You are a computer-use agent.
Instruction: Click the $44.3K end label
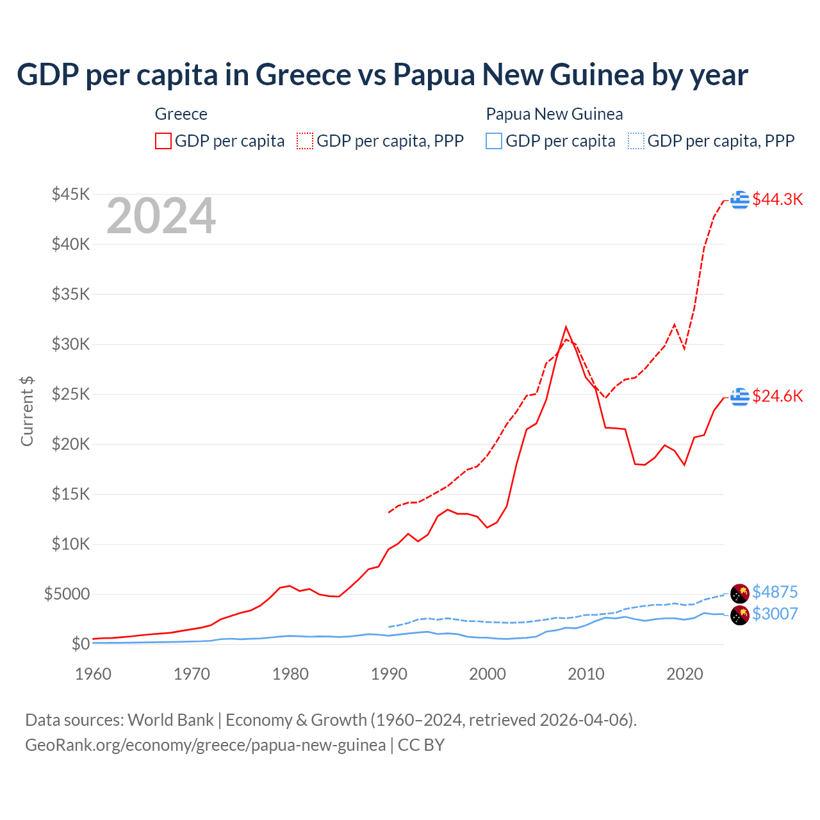(777, 199)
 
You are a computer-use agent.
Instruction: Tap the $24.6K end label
(777, 396)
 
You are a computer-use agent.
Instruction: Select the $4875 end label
(775, 591)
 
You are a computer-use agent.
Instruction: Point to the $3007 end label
(775, 614)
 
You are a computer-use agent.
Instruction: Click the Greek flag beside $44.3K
(740, 200)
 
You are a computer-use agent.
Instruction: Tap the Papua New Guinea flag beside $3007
(740, 615)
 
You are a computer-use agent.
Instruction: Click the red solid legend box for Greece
(163, 141)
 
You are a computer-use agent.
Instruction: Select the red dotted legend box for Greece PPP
(305, 141)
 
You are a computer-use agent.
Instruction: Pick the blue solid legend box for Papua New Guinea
(494, 141)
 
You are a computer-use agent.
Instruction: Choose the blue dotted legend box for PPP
(636, 141)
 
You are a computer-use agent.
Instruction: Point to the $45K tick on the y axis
(71, 194)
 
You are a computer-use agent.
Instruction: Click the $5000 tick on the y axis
(67, 594)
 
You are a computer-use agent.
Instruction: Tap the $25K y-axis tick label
(71, 394)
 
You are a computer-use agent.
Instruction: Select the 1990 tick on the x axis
(389, 674)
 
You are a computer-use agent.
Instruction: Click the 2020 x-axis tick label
(684, 674)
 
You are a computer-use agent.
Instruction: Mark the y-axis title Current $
(27, 411)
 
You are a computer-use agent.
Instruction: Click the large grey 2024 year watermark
(161, 217)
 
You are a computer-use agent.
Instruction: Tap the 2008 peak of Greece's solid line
(566, 327)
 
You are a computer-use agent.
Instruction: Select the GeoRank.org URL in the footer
(205, 745)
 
